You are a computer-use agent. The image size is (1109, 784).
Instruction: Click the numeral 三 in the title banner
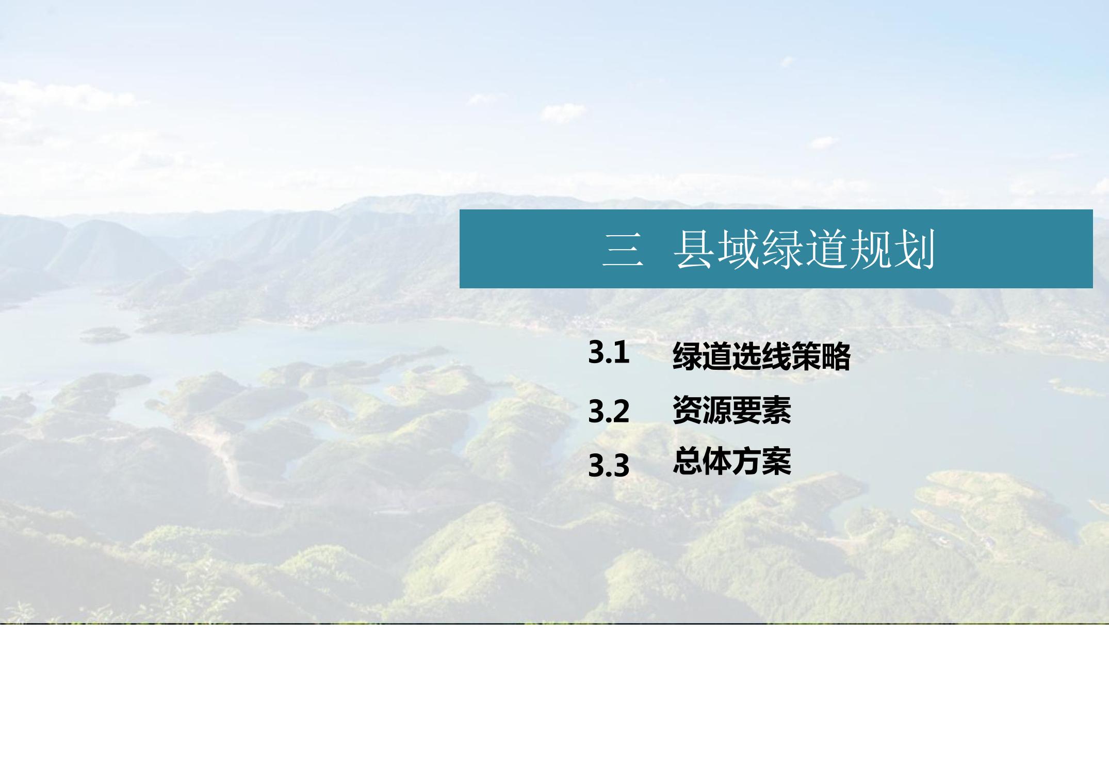[623, 250]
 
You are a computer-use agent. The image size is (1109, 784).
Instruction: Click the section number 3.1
[609, 353]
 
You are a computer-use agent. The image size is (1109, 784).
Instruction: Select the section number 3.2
[609, 412]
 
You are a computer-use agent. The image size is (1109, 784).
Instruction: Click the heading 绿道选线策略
[761, 356]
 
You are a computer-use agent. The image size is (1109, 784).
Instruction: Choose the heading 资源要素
[732, 410]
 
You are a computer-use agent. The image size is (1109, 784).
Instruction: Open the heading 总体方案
[732, 461]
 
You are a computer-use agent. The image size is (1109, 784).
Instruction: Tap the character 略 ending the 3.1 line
[836, 356]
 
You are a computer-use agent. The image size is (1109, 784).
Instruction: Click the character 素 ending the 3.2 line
[777, 410]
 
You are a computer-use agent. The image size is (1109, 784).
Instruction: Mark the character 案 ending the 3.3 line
[777, 461]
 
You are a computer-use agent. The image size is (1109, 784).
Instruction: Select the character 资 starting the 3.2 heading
[688, 410]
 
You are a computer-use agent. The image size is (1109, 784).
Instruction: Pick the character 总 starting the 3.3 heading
[688, 461]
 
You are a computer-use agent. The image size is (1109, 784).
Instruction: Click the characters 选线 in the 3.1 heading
[761, 356]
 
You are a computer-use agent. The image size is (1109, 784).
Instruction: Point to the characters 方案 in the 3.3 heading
[762, 461]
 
